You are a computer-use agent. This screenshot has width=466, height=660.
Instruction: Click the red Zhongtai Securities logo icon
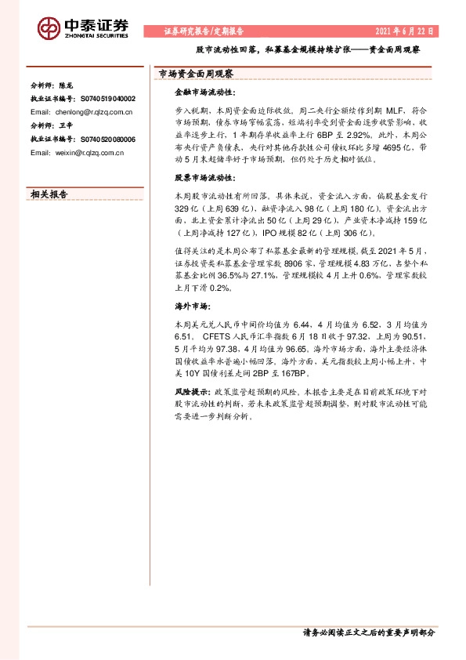[49, 27]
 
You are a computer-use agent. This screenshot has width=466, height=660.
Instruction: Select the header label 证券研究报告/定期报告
[204, 31]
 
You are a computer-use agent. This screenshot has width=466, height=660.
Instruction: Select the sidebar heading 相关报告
[49, 194]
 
